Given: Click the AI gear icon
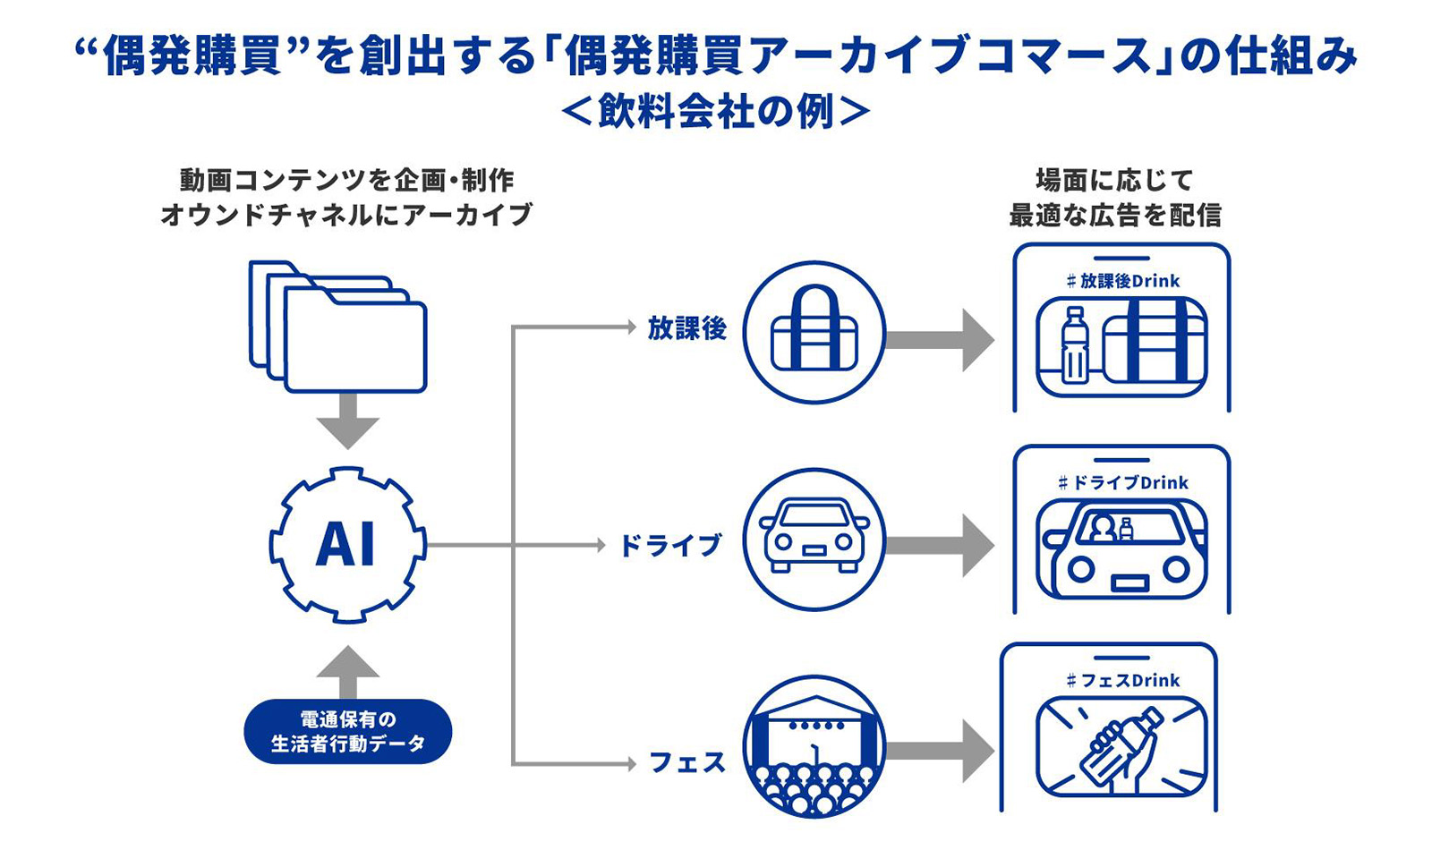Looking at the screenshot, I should point(347,544).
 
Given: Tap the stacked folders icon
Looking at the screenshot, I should point(338,327).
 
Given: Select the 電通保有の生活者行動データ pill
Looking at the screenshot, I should point(347,731).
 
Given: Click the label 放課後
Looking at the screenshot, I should point(686,328).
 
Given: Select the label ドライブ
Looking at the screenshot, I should point(670,545).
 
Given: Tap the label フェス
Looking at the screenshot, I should point(686,762).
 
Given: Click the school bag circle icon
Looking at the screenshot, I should point(814,333).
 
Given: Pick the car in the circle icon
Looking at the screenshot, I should point(814,540).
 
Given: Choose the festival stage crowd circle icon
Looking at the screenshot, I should point(814,747).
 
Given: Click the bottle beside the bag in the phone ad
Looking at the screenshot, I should point(1074,345).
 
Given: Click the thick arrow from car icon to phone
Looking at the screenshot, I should point(940,545).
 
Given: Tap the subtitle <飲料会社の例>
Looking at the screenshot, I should point(716,113).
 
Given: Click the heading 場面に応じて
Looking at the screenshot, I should point(1115,181).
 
